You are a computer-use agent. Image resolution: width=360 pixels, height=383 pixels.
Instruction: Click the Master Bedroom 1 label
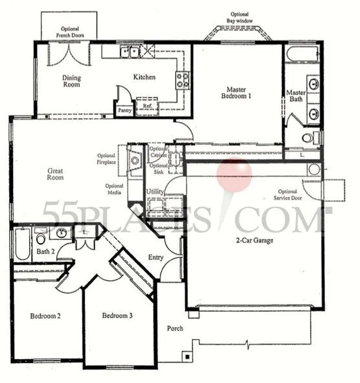(x=236, y=92)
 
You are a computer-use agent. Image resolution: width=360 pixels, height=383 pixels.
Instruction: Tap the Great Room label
(x=55, y=174)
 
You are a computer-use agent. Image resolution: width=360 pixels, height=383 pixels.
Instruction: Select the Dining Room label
(x=72, y=81)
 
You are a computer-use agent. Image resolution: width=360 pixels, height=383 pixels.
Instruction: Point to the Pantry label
(x=125, y=110)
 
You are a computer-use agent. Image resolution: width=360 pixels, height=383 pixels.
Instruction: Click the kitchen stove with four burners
(x=183, y=80)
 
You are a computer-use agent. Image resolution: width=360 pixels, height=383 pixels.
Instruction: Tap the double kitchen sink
(x=130, y=52)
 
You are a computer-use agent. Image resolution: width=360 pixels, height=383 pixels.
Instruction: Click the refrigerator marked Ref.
(x=147, y=107)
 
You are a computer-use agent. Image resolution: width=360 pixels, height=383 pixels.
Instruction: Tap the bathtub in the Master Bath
(x=303, y=55)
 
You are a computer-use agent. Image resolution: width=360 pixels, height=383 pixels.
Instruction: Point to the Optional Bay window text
(x=239, y=17)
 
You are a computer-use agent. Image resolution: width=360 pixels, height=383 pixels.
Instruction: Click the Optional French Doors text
(x=70, y=32)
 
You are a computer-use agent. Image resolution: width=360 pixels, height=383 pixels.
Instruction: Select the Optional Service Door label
(x=288, y=195)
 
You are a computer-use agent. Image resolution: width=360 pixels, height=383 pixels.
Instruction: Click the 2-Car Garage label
(x=255, y=240)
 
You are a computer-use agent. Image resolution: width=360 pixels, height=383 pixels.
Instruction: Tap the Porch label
(x=175, y=328)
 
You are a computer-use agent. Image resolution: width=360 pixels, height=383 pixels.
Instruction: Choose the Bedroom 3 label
(x=117, y=316)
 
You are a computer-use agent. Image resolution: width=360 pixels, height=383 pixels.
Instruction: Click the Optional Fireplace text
(x=106, y=159)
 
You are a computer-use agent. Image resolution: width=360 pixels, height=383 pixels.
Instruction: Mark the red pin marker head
(x=234, y=175)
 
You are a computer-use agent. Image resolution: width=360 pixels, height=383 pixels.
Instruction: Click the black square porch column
(x=188, y=357)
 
